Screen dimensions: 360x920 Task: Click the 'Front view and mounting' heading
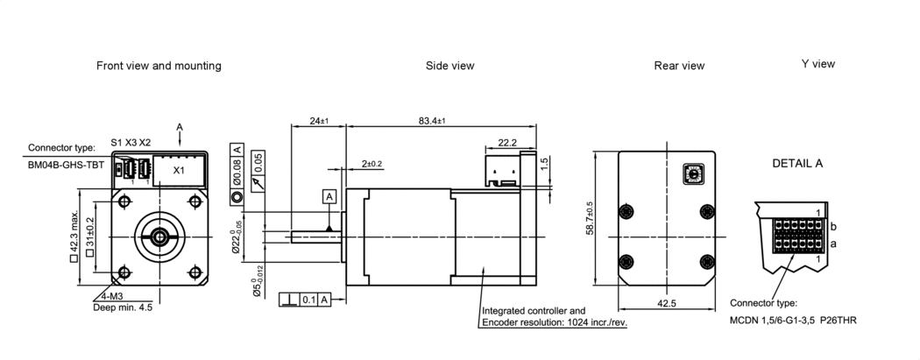(159, 66)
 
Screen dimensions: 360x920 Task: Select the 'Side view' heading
(450, 66)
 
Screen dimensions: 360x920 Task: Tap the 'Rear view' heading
(679, 66)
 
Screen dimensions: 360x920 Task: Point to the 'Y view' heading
(817, 64)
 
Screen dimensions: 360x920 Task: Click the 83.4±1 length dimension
(431, 120)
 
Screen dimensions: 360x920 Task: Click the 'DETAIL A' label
(797, 164)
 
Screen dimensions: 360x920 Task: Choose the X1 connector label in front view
(178, 170)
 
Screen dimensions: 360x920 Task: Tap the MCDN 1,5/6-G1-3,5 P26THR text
(793, 321)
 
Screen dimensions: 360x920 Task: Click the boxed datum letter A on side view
(329, 195)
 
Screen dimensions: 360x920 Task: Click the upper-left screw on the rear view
(625, 212)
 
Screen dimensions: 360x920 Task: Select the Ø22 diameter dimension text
(235, 242)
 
